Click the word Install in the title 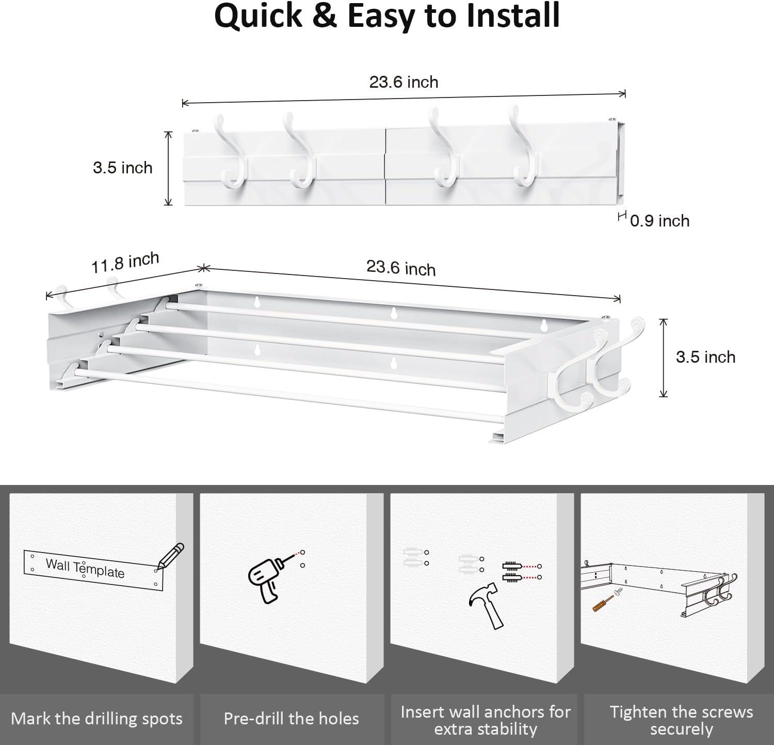[504, 15]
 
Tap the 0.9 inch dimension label [659, 221]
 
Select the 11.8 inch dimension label [125, 263]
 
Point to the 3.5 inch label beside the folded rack [123, 168]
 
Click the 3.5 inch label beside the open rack [705, 357]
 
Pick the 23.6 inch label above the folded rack [404, 82]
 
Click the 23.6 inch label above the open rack [401, 268]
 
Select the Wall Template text [85, 568]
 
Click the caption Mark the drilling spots [96, 719]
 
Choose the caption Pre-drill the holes [291, 719]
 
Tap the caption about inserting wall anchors [485, 720]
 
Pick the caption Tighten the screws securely [681, 720]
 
